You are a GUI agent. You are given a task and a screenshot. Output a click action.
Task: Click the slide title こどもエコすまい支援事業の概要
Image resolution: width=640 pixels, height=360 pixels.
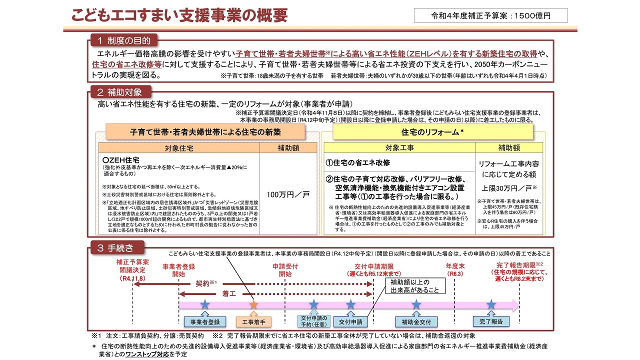(x=179, y=15)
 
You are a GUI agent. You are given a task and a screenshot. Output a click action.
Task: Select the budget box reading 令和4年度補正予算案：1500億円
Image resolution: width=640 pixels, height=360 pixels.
(x=490, y=15)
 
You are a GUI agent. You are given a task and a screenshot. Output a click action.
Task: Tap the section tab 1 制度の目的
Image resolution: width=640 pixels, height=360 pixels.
(x=123, y=40)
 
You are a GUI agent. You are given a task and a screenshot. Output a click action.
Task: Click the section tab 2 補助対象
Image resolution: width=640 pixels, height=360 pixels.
(x=120, y=92)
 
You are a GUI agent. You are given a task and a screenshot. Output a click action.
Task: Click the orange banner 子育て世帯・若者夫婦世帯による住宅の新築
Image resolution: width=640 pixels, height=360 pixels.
(x=205, y=132)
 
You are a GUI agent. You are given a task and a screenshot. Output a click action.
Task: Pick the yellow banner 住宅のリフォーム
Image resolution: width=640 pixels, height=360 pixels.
(x=432, y=132)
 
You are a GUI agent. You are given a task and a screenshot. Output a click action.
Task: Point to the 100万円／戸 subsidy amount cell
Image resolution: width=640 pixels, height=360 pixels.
(x=288, y=194)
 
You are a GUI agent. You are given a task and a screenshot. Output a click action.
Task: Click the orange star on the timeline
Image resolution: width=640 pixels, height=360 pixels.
(x=253, y=304)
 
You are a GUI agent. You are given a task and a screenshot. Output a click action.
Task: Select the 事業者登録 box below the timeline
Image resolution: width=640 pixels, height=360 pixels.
(x=202, y=321)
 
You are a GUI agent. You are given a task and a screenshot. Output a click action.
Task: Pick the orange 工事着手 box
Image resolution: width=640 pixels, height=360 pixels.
(x=253, y=321)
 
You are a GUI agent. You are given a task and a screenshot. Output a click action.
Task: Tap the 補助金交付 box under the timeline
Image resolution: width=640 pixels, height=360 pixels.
(x=416, y=321)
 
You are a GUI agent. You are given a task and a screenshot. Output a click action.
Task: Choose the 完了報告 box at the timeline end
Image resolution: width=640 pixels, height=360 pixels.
(x=491, y=321)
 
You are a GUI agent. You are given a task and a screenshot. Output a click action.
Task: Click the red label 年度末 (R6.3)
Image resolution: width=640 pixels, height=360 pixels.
(x=455, y=270)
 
